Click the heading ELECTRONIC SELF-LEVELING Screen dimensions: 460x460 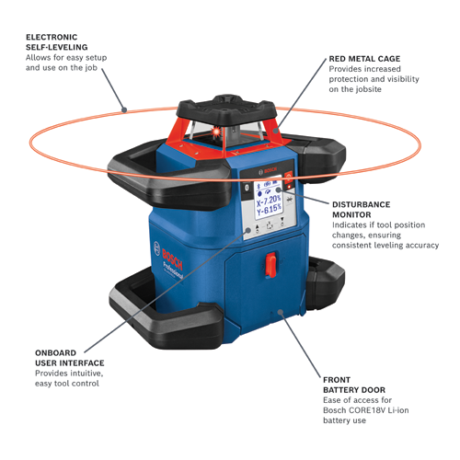pyautogui.click(x=57, y=40)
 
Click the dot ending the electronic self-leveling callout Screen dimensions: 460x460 pyautogui.click(x=124, y=110)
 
